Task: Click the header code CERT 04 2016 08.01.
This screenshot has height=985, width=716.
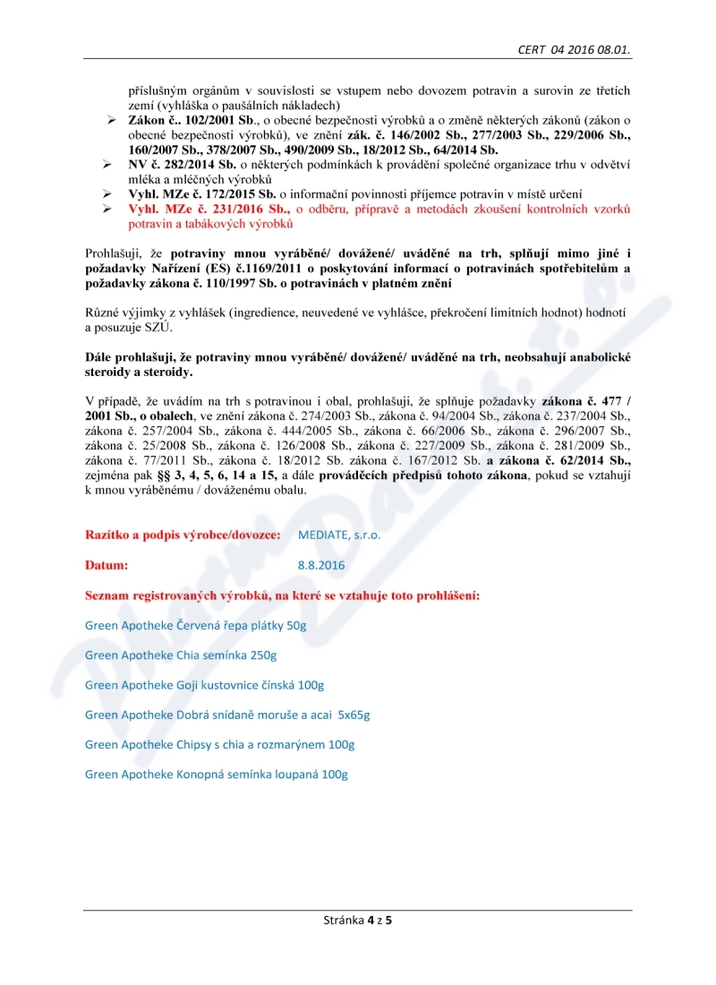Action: click(574, 50)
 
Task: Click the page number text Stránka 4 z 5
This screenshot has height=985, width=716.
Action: click(358, 920)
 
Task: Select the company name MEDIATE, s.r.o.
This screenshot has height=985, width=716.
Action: click(339, 535)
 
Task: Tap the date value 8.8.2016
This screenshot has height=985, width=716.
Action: click(321, 565)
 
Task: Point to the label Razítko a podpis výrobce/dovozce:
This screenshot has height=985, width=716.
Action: click(183, 535)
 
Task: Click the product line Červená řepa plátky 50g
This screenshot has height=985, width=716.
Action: click(195, 625)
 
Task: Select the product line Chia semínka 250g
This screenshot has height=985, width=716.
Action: click(168, 655)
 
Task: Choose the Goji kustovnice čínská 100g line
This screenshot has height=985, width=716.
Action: click(204, 685)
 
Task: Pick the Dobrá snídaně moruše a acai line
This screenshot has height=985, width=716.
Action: click(227, 715)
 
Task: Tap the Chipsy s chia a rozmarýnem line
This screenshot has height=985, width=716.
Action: click(219, 744)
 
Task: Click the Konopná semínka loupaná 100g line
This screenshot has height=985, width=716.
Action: click(216, 774)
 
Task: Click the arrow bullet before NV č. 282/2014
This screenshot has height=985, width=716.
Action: click(107, 165)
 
